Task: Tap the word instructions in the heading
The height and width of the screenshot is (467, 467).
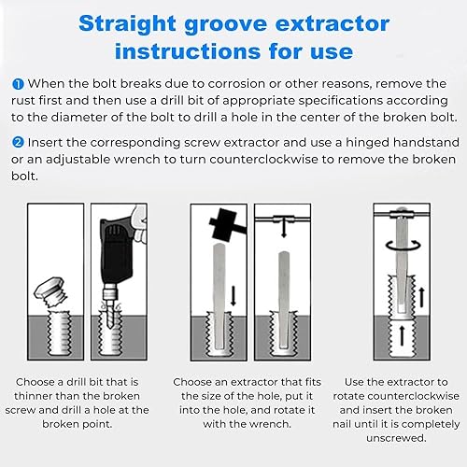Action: [188, 51]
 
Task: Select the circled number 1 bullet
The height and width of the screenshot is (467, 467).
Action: [18, 84]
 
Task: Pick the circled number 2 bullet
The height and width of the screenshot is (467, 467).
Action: [18, 143]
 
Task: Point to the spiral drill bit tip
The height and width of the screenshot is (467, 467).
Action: [108, 316]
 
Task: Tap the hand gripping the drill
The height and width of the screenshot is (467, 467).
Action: [139, 225]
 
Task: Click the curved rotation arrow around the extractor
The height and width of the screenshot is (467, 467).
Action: [403, 245]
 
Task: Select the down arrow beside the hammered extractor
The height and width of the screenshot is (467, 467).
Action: [233, 296]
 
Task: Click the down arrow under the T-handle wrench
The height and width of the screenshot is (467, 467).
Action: [283, 228]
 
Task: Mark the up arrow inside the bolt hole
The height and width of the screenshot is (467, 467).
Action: [402, 335]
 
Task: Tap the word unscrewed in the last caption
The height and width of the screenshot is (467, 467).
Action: [396, 438]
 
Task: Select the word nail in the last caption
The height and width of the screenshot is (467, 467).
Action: [343, 424]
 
